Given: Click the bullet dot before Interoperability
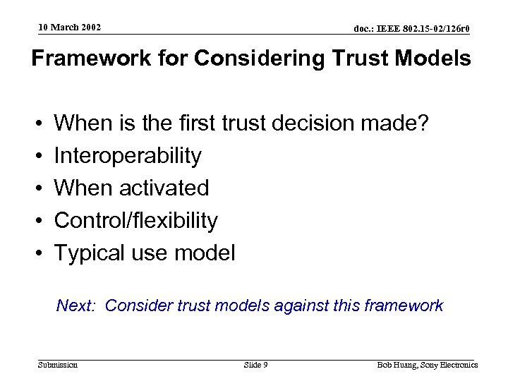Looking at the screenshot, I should tap(36, 155).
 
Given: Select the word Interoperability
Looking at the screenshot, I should tap(128, 155).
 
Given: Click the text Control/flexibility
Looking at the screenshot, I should tap(136, 221).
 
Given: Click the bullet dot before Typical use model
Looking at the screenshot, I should tap(36, 254).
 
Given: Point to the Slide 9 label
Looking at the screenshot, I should tap(255, 365).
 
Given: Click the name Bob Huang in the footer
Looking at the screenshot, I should tap(392, 365).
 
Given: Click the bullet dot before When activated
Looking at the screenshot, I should tap(36, 188).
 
